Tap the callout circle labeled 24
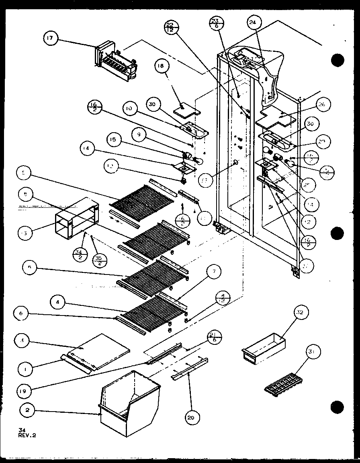tap(252, 23)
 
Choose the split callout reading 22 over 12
tap(170, 29)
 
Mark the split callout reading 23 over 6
tap(216, 24)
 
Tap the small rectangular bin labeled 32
tap(264, 345)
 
